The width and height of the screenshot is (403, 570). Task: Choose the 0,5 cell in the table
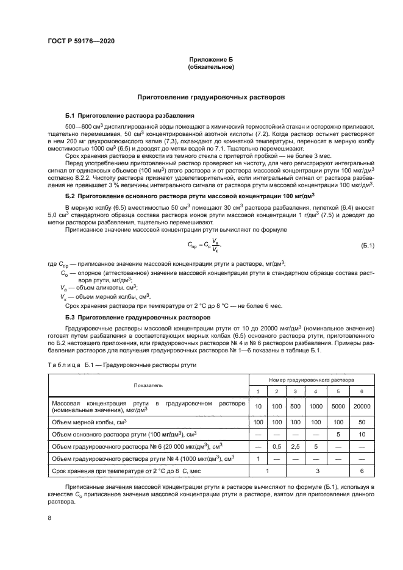pyautogui.click(x=277, y=446)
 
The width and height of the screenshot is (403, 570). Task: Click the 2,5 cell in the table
pyautogui.click(x=295, y=446)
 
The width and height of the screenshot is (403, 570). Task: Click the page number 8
pyautogui.click(x=49, y=518)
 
